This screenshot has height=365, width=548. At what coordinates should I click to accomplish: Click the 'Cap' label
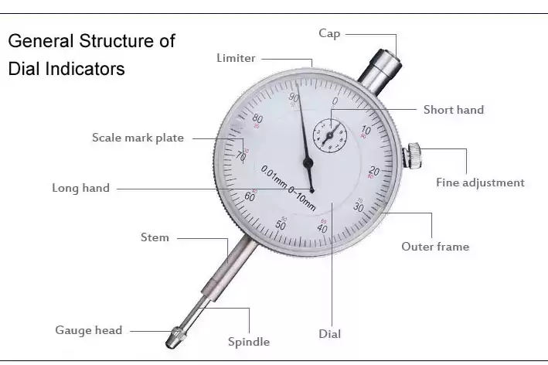329,33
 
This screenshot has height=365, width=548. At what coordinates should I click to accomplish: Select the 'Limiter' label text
236,58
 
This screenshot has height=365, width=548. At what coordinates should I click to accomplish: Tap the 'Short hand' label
453,110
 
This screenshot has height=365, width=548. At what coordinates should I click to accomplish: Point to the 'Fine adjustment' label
480,183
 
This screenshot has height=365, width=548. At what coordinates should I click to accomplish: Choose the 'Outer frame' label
434,247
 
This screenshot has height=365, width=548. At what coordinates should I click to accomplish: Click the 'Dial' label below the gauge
329,334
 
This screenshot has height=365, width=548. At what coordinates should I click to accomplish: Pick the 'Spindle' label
248,341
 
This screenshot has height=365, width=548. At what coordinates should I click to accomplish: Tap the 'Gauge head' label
88,330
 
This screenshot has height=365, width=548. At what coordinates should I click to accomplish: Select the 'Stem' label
155,237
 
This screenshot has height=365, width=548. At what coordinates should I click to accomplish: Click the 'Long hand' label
80,188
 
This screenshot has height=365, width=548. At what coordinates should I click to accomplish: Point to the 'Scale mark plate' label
138,138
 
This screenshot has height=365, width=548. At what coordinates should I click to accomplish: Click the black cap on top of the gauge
386,60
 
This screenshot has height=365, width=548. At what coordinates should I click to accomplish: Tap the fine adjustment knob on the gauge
416,155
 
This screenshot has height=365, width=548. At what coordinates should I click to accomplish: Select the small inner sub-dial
328,135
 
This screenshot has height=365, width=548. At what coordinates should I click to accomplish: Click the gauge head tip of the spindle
177,337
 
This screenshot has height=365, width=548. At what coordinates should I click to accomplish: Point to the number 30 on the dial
359,206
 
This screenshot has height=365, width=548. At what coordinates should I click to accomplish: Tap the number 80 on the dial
257,119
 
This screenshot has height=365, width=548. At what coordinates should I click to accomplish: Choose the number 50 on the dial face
281,225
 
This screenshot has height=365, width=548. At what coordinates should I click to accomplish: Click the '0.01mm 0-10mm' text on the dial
288,188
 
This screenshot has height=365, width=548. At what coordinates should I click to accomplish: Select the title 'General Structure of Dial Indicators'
91,54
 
